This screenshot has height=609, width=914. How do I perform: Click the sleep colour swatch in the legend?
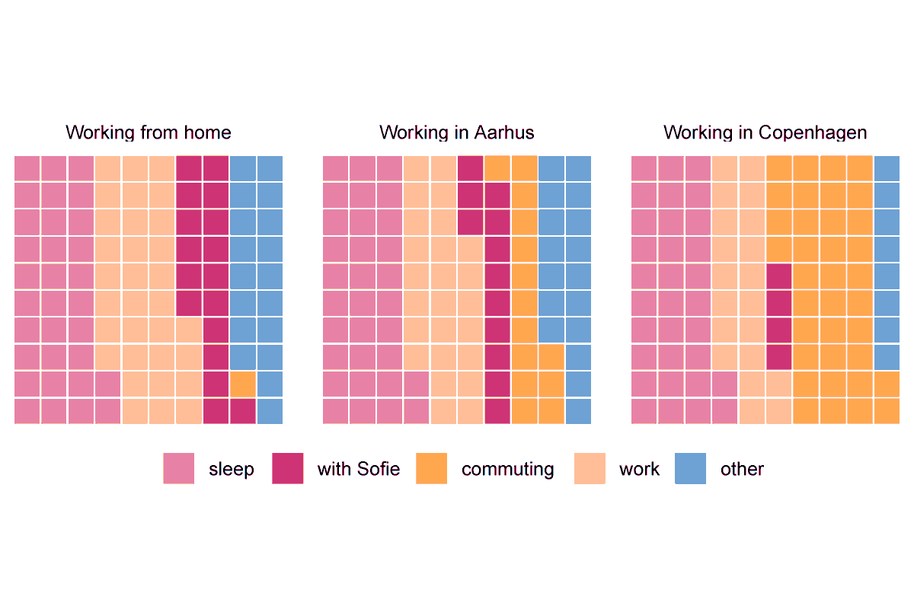tap(178, 469)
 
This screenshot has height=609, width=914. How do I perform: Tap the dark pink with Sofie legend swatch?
tap(287, 469)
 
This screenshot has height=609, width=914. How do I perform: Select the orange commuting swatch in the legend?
tap(431, 469)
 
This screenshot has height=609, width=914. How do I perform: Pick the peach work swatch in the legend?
tap(590, 469)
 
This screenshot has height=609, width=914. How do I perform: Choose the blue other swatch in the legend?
tap(690, 469)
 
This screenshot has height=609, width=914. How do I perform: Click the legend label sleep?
tap(232, 469)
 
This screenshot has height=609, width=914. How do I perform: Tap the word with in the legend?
tap(332, 469)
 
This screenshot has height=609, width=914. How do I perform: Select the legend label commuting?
tap(508, 469)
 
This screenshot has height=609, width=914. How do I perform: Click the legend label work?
tap(640, 469)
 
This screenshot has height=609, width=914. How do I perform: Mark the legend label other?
tap(742, 469)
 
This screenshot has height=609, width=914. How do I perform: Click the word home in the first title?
tap(207, 133)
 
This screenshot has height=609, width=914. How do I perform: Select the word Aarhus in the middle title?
tap(504, 133)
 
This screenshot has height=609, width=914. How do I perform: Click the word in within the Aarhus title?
tap(462, 133)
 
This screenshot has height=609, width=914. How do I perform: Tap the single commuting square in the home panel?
tap(242, 384)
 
